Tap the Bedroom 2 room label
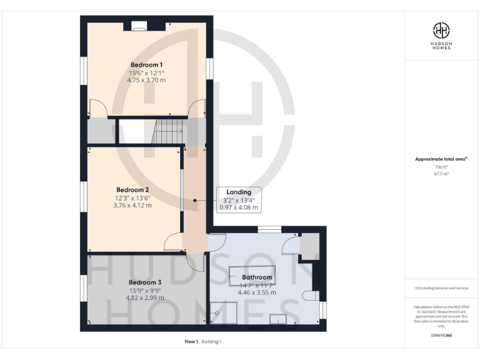click(x=132, y=189)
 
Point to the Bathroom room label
click(x=257, y=277)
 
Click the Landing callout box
click(x=239, y=199)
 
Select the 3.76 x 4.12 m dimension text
click(x=132, y=205)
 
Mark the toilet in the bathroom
click(x=311, y=295)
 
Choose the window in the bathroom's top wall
click(x=269, y=229)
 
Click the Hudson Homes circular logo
click(x=442, y=29)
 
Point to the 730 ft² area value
click(x=442, y=167)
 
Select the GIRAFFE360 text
click(x=442, y=336)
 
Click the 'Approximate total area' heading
click(x=441, y=159)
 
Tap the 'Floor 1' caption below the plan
click(x=191, y=341)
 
